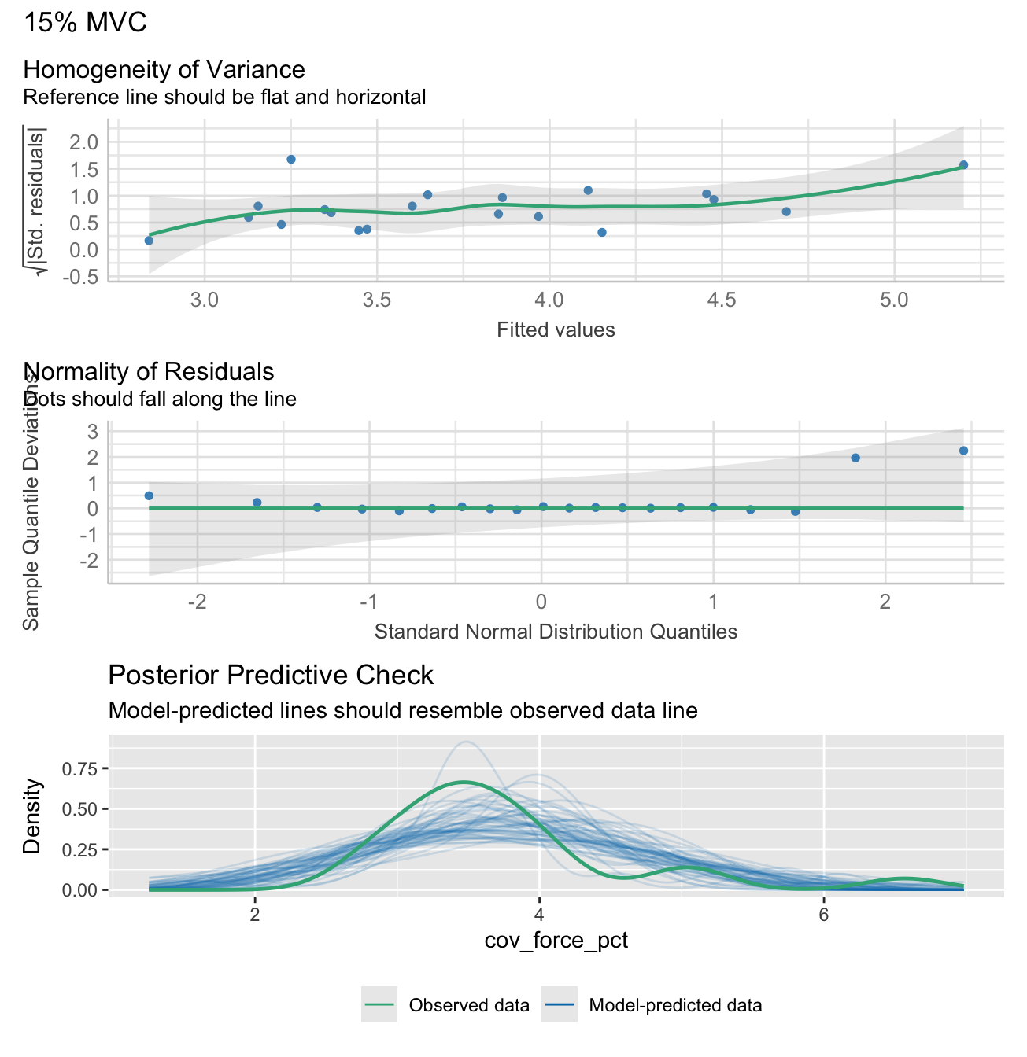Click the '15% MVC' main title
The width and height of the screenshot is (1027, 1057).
pyautogui.click(x=85, y=22)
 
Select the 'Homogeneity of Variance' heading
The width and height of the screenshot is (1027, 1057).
pyautogui.click(x=164, y=69)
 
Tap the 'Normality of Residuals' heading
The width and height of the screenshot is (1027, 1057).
pyautogui.click(x=150, y=371)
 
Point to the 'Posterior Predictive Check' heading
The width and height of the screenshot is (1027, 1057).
pyautogui.click(x=271, y=675)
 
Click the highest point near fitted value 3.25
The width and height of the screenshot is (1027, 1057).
pyautogui.click(x=291, y=159)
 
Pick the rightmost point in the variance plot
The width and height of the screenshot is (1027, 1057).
pyautogui.click(x=963, y=165)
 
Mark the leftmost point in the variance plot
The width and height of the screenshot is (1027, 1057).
pyautogui.click(x=149, y=240)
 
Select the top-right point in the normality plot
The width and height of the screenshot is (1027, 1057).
pyautogui.click(x=963, y=451)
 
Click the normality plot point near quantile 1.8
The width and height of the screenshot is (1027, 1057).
pyautogui.click(x=855, y=458)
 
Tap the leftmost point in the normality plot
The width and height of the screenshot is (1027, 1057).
pyautogui.click(x=149, y=495)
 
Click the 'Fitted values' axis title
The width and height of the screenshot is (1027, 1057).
pyautogui.click(x=556, y=330)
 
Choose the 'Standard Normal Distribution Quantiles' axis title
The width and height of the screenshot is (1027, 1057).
pyautogui.click(x=556, y=632)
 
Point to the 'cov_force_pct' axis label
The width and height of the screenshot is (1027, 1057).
pyautogui.click(x=556, y=941)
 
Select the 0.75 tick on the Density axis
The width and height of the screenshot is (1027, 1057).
pyautogui.click(x=83, y=768)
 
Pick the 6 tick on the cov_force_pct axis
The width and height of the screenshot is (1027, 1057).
pyautogui.click(x=823, y=915)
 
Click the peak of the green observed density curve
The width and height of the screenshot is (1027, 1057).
pyautogui.click(x=464, y=782)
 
